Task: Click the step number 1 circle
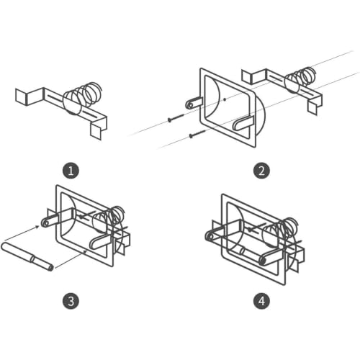(71, 171)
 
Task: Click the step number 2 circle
(261, 171)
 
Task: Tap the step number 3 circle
(71, 301)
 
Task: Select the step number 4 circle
(261, 301)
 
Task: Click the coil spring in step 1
(83, 98)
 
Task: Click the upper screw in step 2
(176, 117)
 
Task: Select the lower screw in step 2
(197, 133)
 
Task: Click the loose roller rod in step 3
(27, 257)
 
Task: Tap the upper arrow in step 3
(22, 233)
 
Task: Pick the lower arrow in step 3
(71, 258)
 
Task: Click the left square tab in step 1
(21, 97)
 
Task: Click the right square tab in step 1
(96, 132)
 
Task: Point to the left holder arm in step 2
(194, 103)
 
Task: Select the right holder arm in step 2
(243, 123)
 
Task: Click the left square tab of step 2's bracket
(246, 76)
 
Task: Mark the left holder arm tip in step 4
(210, 237)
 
